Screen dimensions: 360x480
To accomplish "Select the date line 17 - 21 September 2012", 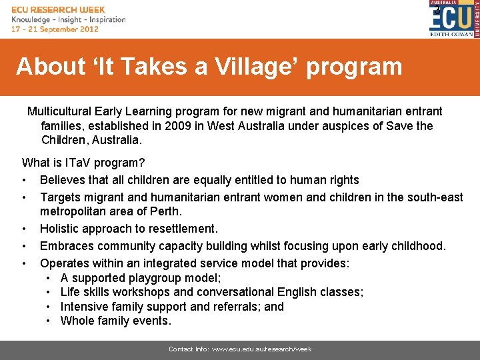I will pyautogui.click(x=55, y=29).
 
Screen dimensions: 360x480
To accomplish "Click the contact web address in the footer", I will pyautogui.click(x=262, y=349).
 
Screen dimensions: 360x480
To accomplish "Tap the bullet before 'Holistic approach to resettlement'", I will pyautogui.click(x=25, y=229).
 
